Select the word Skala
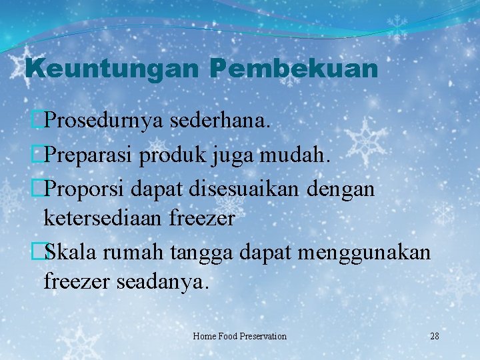coord(68,252)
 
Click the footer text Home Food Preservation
coord(239,336)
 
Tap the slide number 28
coord(434,336)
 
